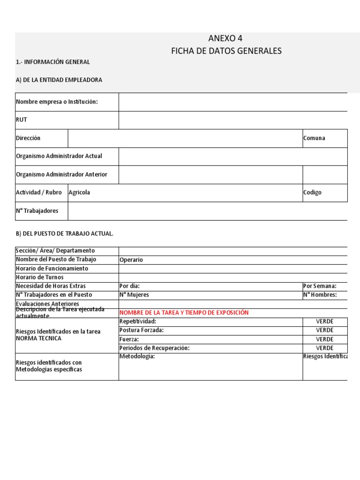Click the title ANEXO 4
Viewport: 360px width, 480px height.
click(x=226, y=38)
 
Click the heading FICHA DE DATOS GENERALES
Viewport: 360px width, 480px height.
click(x=226, y=51)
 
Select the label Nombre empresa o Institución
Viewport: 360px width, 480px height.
click(x=57, y=102)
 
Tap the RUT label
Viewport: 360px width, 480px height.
click(x=22, y=120)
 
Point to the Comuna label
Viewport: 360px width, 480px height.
click(x=314, y=138)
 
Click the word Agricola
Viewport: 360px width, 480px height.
click(x=79, y=193)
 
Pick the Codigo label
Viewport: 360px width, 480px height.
click(x=312, y=193)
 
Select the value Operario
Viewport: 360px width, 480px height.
click(x=131, y=260)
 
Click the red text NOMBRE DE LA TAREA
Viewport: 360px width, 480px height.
click(x=184, y=313)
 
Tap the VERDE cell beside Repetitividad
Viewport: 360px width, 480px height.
click(x=324, y=322)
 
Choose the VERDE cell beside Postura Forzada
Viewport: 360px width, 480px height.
click(x=324, y=330)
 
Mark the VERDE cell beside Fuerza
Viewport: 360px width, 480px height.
click(x=324, y=339)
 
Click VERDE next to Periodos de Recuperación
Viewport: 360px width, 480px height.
click(x=324, y=348)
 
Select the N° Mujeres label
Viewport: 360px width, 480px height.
click(x=134, y=295)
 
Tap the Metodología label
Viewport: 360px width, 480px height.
click(x=137, y=356)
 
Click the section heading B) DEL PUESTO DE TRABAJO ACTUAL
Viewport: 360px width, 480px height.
click(x=65, y=233)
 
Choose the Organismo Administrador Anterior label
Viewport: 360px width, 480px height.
click(x=61, y=174)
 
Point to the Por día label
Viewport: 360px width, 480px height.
click(x=129, y=286)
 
